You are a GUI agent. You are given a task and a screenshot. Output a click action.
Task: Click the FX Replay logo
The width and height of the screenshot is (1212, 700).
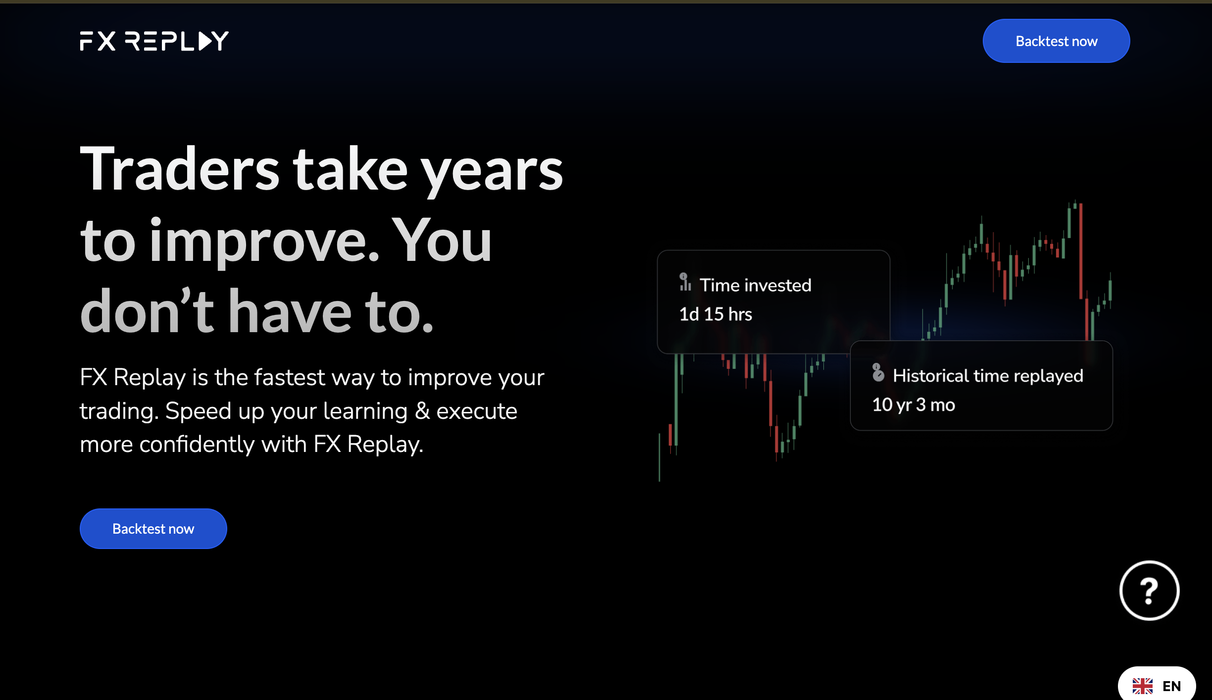pos(154,41)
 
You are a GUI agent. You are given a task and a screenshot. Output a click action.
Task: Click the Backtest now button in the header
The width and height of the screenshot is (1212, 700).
pos(1056,41)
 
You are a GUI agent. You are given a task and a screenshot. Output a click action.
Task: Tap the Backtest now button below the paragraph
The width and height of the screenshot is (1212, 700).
pos(153,529)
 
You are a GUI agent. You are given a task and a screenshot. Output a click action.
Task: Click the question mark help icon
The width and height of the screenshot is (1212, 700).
pos(1149,591)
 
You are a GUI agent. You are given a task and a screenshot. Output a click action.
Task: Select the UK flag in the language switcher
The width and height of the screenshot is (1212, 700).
pos(1143,686)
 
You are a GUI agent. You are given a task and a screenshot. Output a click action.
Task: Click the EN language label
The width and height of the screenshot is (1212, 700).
pos(1172,686)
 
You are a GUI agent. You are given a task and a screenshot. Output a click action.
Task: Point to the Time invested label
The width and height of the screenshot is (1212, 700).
pos(756,285)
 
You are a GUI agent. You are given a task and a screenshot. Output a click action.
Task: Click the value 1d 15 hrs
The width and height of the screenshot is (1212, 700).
pos(715,314)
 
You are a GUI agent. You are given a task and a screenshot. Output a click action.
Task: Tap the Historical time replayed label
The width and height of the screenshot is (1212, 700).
pos(988,376)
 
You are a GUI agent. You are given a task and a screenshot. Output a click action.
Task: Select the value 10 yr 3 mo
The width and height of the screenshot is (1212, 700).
pos(913,405)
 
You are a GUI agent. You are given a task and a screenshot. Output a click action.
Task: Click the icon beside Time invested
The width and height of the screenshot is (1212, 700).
pos(685,282)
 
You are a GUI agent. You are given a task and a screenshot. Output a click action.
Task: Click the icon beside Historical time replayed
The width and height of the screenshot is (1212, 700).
pos(878,373)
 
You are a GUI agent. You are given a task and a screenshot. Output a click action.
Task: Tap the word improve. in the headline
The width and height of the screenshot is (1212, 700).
pos(264,243)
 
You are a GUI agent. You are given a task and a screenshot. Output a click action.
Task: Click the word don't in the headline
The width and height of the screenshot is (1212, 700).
pos(147,310)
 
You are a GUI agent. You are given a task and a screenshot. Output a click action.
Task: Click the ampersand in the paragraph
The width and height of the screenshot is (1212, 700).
pos(422,411)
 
